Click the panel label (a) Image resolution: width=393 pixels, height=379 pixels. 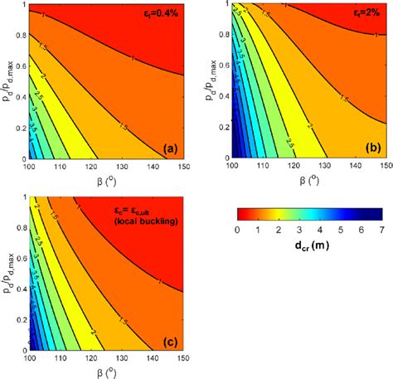167,148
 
